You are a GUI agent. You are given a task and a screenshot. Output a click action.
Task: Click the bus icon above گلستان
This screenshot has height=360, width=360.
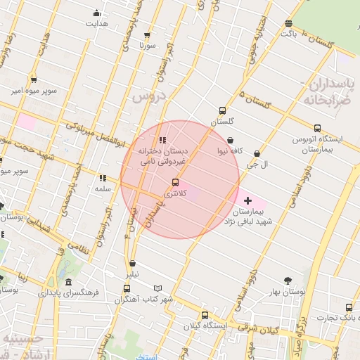point(223,110)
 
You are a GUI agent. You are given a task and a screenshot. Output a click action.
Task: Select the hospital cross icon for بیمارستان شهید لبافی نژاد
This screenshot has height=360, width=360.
point(247,201)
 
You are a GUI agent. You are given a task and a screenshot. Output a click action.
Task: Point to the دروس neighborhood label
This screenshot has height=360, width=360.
point(147,96)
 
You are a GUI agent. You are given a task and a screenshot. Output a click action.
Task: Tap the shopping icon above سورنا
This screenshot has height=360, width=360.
point(147,35)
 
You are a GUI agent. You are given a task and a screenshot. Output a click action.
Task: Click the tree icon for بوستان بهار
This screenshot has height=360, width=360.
point(287,280)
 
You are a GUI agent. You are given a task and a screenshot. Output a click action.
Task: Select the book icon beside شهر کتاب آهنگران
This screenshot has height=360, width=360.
point(157,288)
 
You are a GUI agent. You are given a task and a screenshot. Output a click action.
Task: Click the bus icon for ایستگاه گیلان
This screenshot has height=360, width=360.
point(205,315)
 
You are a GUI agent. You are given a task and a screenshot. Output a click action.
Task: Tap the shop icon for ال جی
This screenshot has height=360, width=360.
point(257,153)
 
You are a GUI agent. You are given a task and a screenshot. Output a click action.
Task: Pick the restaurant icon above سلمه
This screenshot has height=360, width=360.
point(103,178)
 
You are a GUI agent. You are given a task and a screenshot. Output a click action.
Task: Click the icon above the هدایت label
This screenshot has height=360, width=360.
point(96,13)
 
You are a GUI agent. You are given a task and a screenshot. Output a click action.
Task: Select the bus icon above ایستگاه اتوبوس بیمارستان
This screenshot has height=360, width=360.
point(318,129)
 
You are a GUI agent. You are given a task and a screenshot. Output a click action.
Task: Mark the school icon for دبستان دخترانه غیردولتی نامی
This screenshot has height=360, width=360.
point(164,140)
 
